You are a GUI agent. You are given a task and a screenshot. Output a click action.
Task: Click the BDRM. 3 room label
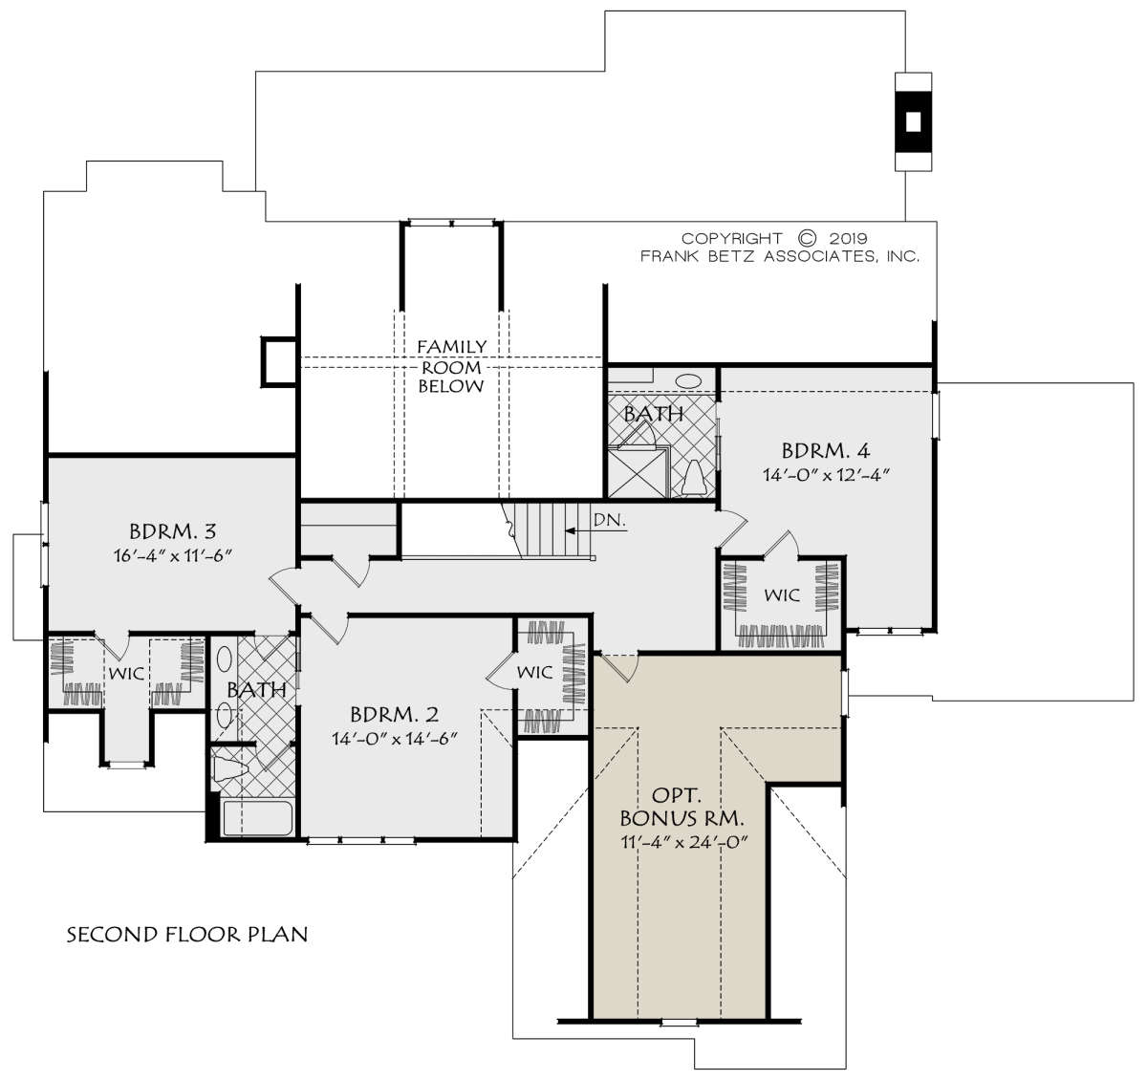click(x=172, y=530)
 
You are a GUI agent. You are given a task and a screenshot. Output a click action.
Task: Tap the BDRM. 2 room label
click(x=395, y=714)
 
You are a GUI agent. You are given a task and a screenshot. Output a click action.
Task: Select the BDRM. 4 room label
click(x=825, y=450)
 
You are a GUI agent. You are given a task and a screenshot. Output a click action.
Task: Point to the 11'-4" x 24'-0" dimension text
click(x=684, y=842)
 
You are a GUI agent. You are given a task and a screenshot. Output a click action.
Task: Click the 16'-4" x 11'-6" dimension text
click(x=173, y=555)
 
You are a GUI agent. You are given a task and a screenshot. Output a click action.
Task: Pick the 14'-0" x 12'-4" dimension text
click(x=826, y=475)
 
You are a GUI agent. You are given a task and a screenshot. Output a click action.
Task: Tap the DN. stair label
click(x=610, y=520)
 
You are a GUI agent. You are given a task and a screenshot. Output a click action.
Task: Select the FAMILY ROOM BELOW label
click(x=452, y=366)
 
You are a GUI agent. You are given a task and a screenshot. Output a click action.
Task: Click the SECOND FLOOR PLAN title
click(x=187, y=934)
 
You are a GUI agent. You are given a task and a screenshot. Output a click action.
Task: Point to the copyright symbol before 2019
click(x=807, y=238)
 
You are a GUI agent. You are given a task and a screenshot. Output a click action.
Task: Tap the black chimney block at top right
click(x=913, y=121)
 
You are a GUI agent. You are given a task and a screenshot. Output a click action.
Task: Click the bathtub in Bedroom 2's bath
click(x=257, y=818)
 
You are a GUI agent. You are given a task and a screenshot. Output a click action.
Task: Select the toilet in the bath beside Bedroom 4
click(x=694, y=477)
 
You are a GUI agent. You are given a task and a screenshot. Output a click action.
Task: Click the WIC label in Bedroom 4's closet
click(x=782, y=594)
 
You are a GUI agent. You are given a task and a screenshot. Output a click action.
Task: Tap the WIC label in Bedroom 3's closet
click(x=126, y=674)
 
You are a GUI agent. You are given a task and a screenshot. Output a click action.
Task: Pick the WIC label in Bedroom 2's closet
click(x=535, y=672)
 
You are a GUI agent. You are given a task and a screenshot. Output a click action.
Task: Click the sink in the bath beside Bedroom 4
click(x=688, y=381)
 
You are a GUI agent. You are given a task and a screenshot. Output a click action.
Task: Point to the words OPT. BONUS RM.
click(x=682, y=807)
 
